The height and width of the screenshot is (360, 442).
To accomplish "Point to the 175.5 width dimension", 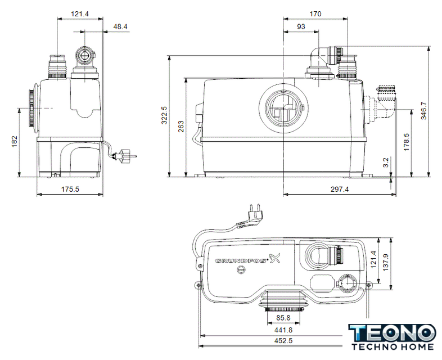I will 70,190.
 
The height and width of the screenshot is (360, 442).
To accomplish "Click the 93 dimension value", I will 301,26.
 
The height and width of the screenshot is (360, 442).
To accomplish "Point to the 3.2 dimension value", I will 385,163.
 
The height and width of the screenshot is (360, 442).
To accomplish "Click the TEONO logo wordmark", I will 391,332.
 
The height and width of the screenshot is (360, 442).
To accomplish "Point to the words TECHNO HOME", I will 391,348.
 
